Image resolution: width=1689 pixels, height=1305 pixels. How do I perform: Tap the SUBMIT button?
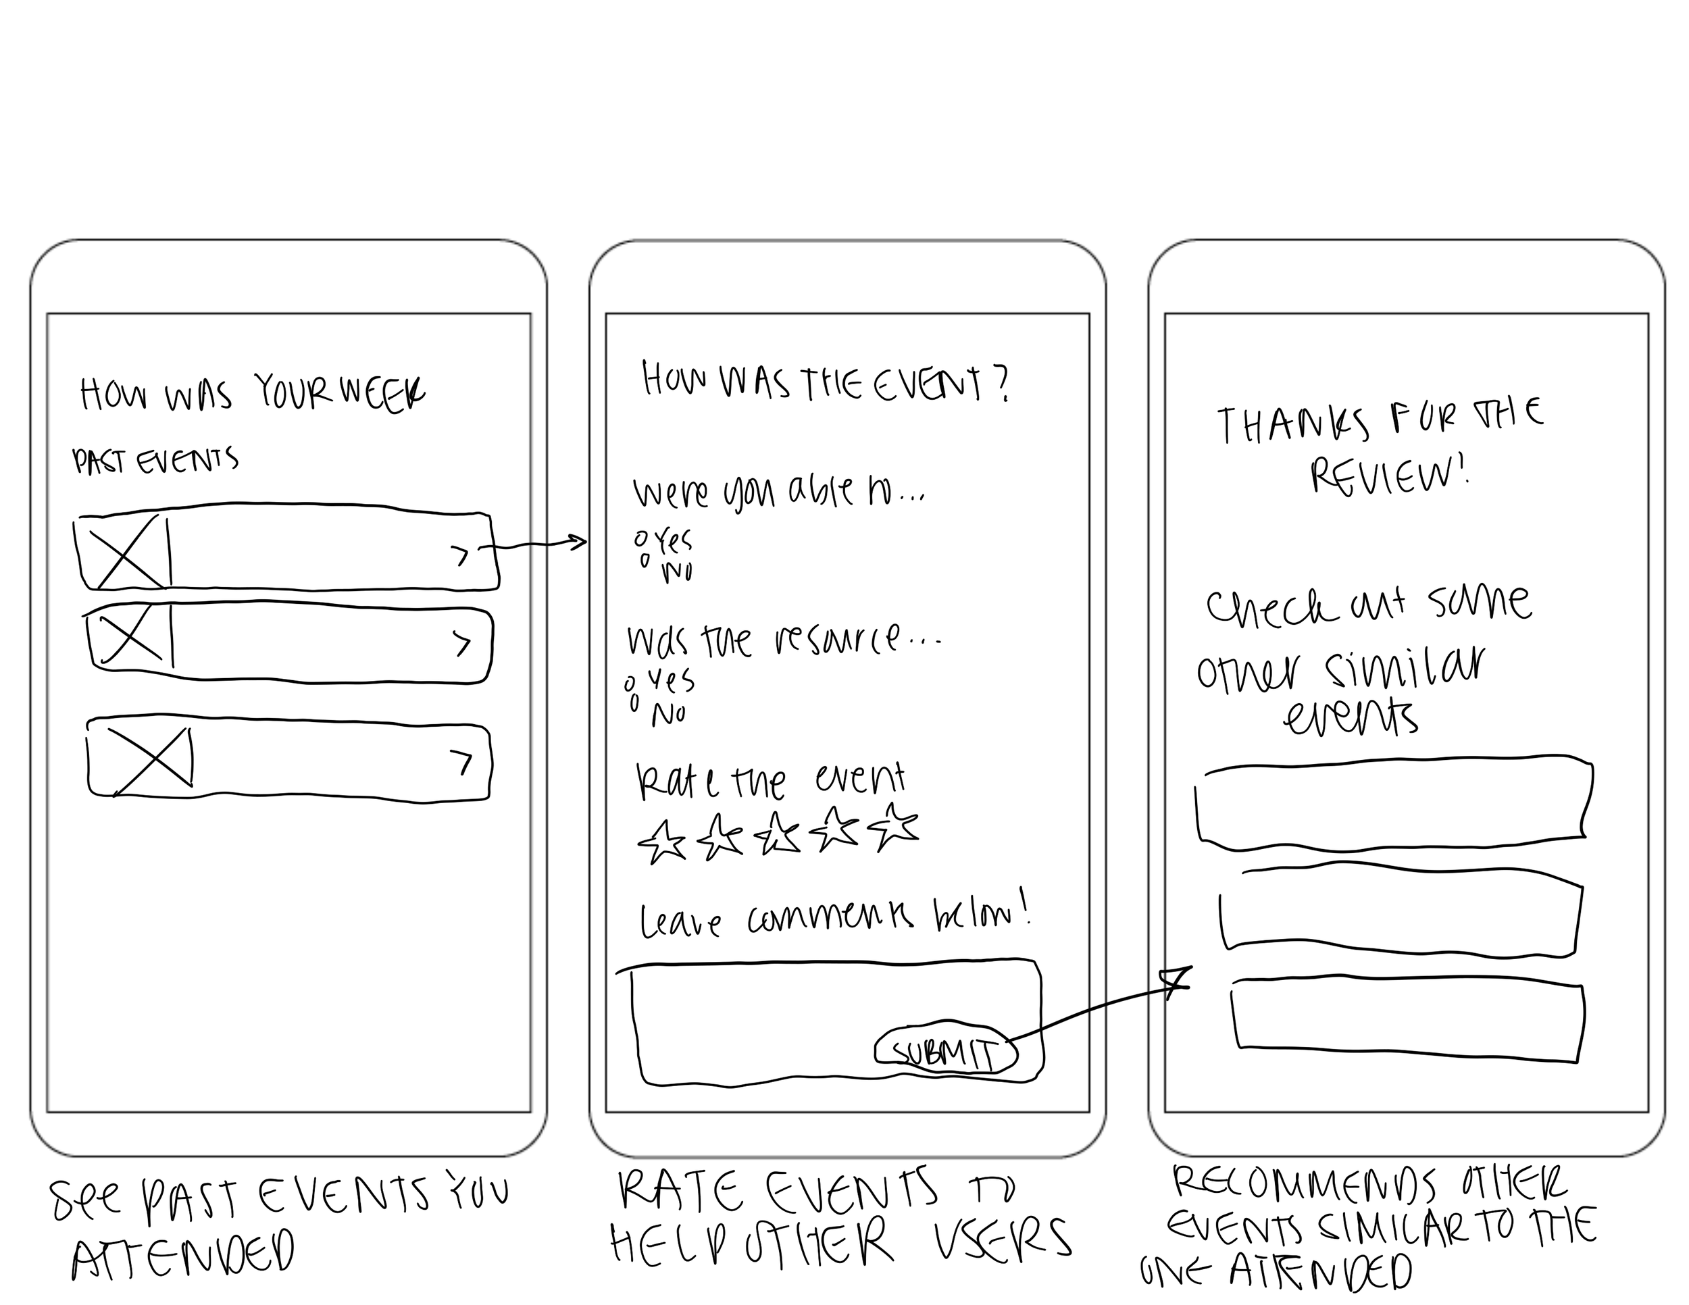point(945,1052)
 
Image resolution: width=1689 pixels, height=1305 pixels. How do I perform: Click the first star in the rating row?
point(661,841)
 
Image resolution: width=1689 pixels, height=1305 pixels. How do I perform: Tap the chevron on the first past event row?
point(461,555)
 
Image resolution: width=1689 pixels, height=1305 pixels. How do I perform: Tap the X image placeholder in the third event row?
point(151,761)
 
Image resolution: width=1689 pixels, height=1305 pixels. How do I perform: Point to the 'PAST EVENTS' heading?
point(155,461)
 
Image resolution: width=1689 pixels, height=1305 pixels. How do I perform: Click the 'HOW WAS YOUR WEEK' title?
point(252,394)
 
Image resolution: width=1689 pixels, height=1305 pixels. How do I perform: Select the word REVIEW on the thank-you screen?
point(1388,475)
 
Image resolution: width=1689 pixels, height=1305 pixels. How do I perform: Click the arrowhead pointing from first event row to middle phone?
point(579,542)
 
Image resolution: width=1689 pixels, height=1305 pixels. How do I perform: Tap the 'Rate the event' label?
point(770,781)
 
